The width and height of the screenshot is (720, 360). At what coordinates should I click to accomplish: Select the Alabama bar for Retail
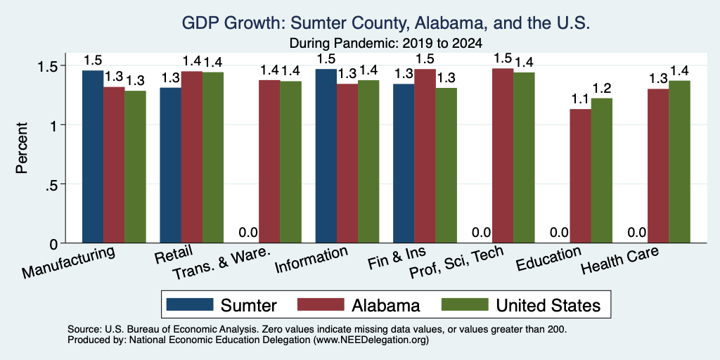tap(191, 157)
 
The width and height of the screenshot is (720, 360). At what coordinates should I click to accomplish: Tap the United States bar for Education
tap(602, 170)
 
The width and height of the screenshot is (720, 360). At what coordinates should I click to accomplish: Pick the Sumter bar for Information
tap(326, 156)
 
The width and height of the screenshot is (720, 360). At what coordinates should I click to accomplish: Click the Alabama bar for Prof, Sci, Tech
tap(502, 155)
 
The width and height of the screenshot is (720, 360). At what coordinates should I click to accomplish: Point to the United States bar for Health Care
tap(679, 162)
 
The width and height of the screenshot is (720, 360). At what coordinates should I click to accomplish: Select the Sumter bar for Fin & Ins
tap(404, 163)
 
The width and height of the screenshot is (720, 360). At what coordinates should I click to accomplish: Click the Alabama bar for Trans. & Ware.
tap(269, 162)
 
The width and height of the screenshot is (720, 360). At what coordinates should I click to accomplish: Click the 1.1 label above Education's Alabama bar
tap(580, 98)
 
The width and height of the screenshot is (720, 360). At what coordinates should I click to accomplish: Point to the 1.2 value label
tap(602, 88)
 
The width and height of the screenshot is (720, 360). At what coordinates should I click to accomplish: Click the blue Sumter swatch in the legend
tap(190, 304)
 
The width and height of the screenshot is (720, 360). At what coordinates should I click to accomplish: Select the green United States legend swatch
tap(464, 304)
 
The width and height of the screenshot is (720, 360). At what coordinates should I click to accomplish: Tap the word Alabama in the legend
tap(386, 305)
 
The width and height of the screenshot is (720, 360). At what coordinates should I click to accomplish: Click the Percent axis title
tap(22, 148)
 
